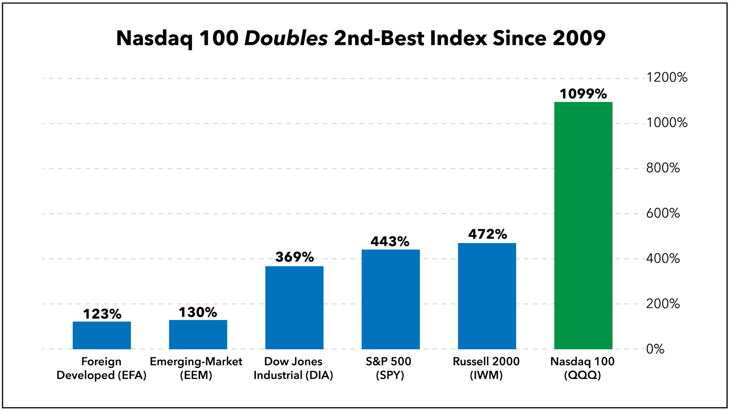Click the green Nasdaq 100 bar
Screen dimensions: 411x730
coord(583,225)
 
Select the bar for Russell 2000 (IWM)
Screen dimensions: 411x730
coord(487,296)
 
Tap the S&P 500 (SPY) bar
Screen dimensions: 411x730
coord(391,299)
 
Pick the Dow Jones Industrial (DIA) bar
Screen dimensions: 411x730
coord(294,308)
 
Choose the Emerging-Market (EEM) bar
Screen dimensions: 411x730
coord(198,335)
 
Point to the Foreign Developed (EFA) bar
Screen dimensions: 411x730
coord(102,335)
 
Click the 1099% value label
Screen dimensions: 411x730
coord(583,94)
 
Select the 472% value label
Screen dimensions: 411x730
coord(487,234)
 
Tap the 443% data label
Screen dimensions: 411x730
coord(390,242)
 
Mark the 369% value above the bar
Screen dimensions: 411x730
coord(294,257)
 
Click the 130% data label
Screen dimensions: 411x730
coord(198,313)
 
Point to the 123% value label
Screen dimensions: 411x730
coord(102,314)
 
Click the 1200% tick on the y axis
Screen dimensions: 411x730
coord(667,77)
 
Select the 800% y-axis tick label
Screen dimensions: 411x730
coord(663,168)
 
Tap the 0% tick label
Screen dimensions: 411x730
coord(655,349)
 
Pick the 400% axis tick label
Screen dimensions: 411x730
coord(663,258)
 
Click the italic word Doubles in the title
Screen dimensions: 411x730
coord(286,38)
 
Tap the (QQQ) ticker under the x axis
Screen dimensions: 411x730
coord(582,375)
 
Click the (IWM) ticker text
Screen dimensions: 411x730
coord(486,375)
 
